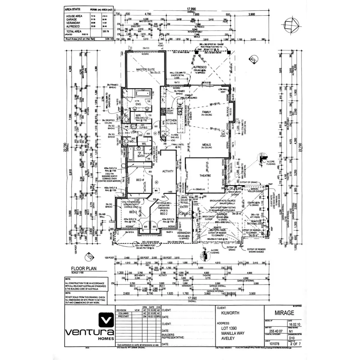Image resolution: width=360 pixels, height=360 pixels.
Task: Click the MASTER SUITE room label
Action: pos(145,70)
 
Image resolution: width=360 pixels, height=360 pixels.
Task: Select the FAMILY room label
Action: pos(206,112)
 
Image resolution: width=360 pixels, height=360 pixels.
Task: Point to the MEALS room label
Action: pos(206,145)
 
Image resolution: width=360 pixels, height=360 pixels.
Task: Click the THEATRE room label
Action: pos(205,175)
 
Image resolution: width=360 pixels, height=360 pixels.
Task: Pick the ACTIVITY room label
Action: pos(168,171)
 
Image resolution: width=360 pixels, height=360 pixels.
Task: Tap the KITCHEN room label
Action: pos(171,120)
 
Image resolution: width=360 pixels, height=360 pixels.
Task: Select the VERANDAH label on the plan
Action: pos(184,232)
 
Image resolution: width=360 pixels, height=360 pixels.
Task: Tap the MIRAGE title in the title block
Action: pos(284,313)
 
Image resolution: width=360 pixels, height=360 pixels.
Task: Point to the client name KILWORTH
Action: pos(230,313)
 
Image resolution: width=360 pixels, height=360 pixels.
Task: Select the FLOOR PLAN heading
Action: pos(84,268)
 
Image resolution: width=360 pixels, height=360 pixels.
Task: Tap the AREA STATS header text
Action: pos(73,9)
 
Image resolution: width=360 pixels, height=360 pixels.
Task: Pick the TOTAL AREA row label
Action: pos(74,31)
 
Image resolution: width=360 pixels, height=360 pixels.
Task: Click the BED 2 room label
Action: pos(163,214)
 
